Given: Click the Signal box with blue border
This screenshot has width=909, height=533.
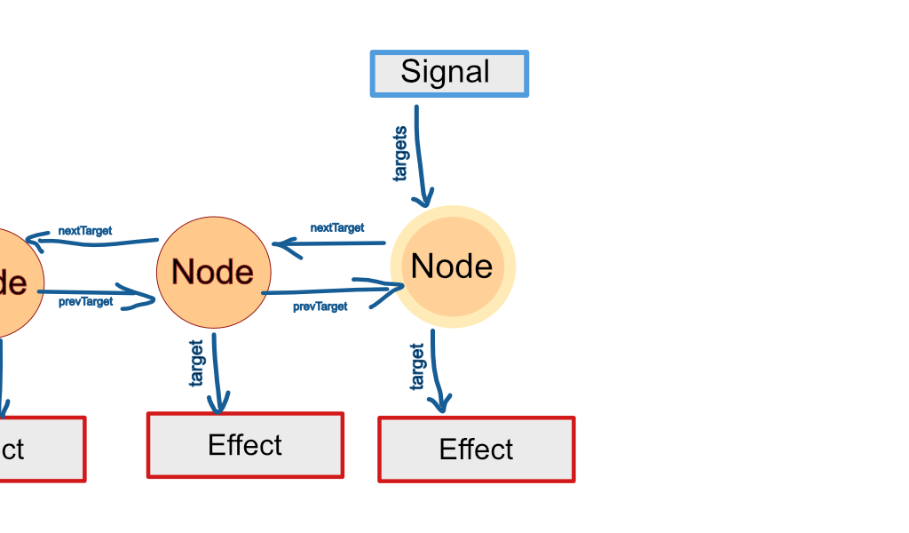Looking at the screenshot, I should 449,74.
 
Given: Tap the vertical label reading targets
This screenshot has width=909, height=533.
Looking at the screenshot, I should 400,153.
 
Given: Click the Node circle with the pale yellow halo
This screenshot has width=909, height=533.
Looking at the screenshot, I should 453,266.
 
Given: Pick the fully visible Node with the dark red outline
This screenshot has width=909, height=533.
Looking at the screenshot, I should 212,272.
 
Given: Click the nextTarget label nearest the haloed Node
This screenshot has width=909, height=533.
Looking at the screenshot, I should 337,228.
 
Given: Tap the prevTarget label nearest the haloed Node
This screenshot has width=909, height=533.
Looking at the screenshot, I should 320,306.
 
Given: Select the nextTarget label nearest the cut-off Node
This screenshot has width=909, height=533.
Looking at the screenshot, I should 85,231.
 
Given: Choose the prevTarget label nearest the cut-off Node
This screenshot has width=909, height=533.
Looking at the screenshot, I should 86,302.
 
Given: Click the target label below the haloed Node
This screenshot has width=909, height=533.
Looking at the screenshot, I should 417,366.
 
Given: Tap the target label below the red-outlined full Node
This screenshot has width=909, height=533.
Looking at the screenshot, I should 196,362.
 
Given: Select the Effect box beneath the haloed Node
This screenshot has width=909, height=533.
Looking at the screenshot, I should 477,449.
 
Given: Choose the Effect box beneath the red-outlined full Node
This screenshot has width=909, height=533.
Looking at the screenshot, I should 245,445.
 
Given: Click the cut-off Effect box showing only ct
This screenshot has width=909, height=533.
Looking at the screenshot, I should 40,449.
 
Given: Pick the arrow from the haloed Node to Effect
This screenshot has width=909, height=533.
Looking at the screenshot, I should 436,369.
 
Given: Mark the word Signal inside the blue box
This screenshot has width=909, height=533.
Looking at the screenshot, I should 445,72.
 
